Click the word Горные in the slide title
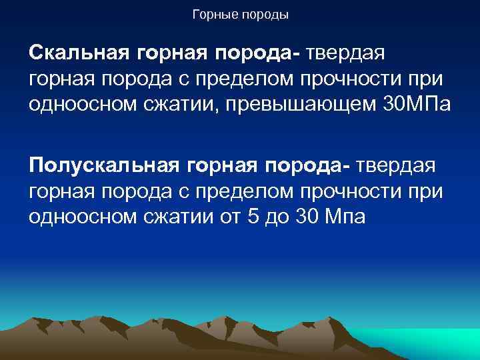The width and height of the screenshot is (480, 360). pyautogui.click(x=211, y=14)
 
